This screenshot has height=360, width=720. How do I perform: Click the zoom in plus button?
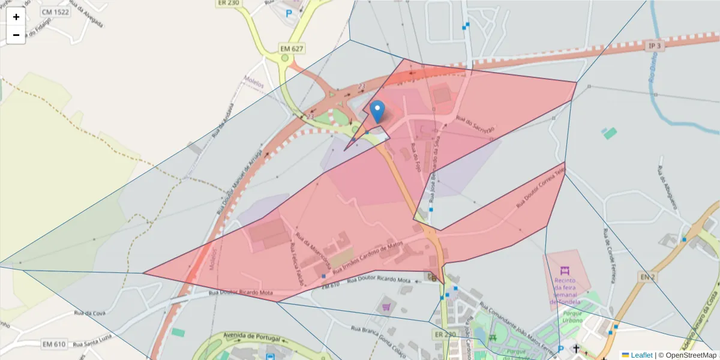16,17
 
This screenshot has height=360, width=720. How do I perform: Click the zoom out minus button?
16,35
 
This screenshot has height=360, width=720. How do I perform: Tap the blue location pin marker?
377,112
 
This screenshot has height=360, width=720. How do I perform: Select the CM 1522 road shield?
55,11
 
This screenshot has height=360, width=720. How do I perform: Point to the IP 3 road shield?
655,46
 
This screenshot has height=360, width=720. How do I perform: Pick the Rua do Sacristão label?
475,125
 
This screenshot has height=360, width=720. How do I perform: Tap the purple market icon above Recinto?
564,271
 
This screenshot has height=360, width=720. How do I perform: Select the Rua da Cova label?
89,313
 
